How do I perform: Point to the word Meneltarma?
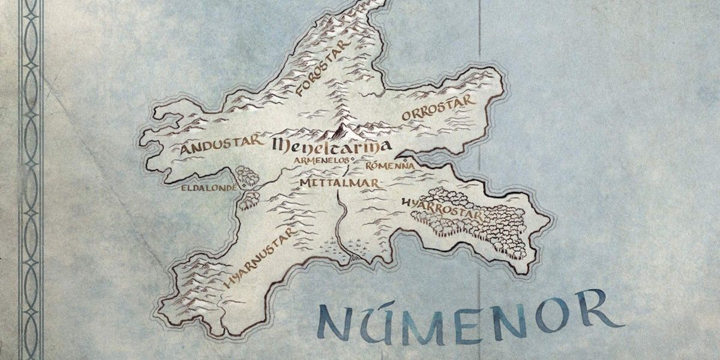(331, 145)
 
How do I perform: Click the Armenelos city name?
(322, 161)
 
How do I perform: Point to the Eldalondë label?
(209, 187)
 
